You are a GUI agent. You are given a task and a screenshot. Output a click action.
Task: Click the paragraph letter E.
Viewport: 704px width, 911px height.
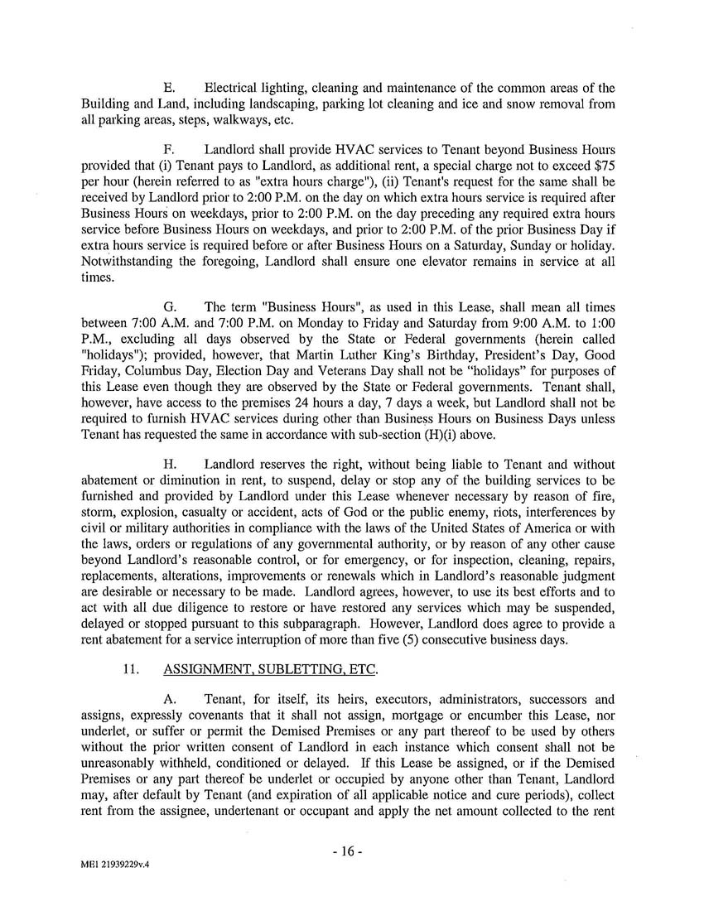point(168,89)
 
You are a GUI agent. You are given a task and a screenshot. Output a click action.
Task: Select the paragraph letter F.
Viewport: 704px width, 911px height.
point(168,150)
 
